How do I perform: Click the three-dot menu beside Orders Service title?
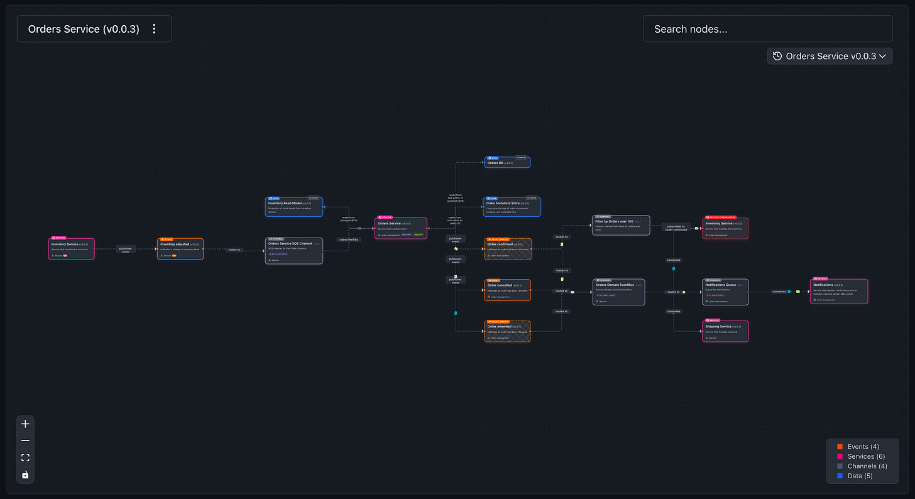[154, 29]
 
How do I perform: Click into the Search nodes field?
[767, 29]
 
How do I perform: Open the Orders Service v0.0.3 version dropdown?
[830, 56]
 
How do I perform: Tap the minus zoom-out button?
[25, 441]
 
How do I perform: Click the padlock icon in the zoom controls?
[25, 474]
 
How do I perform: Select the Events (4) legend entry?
[862, 447]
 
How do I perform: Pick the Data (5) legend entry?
[860, 476]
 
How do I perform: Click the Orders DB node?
[507, 163]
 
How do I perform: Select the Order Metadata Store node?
[512, 207]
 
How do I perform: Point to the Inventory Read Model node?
[294, 207]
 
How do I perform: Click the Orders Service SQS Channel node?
[294, 251]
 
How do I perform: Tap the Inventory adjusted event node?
[180, 249]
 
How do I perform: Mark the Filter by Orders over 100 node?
[622, 226]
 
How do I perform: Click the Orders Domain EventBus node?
[619, 292]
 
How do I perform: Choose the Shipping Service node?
[725, 331]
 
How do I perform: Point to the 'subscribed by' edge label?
[348, 239]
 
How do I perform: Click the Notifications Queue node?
[725, 292]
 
